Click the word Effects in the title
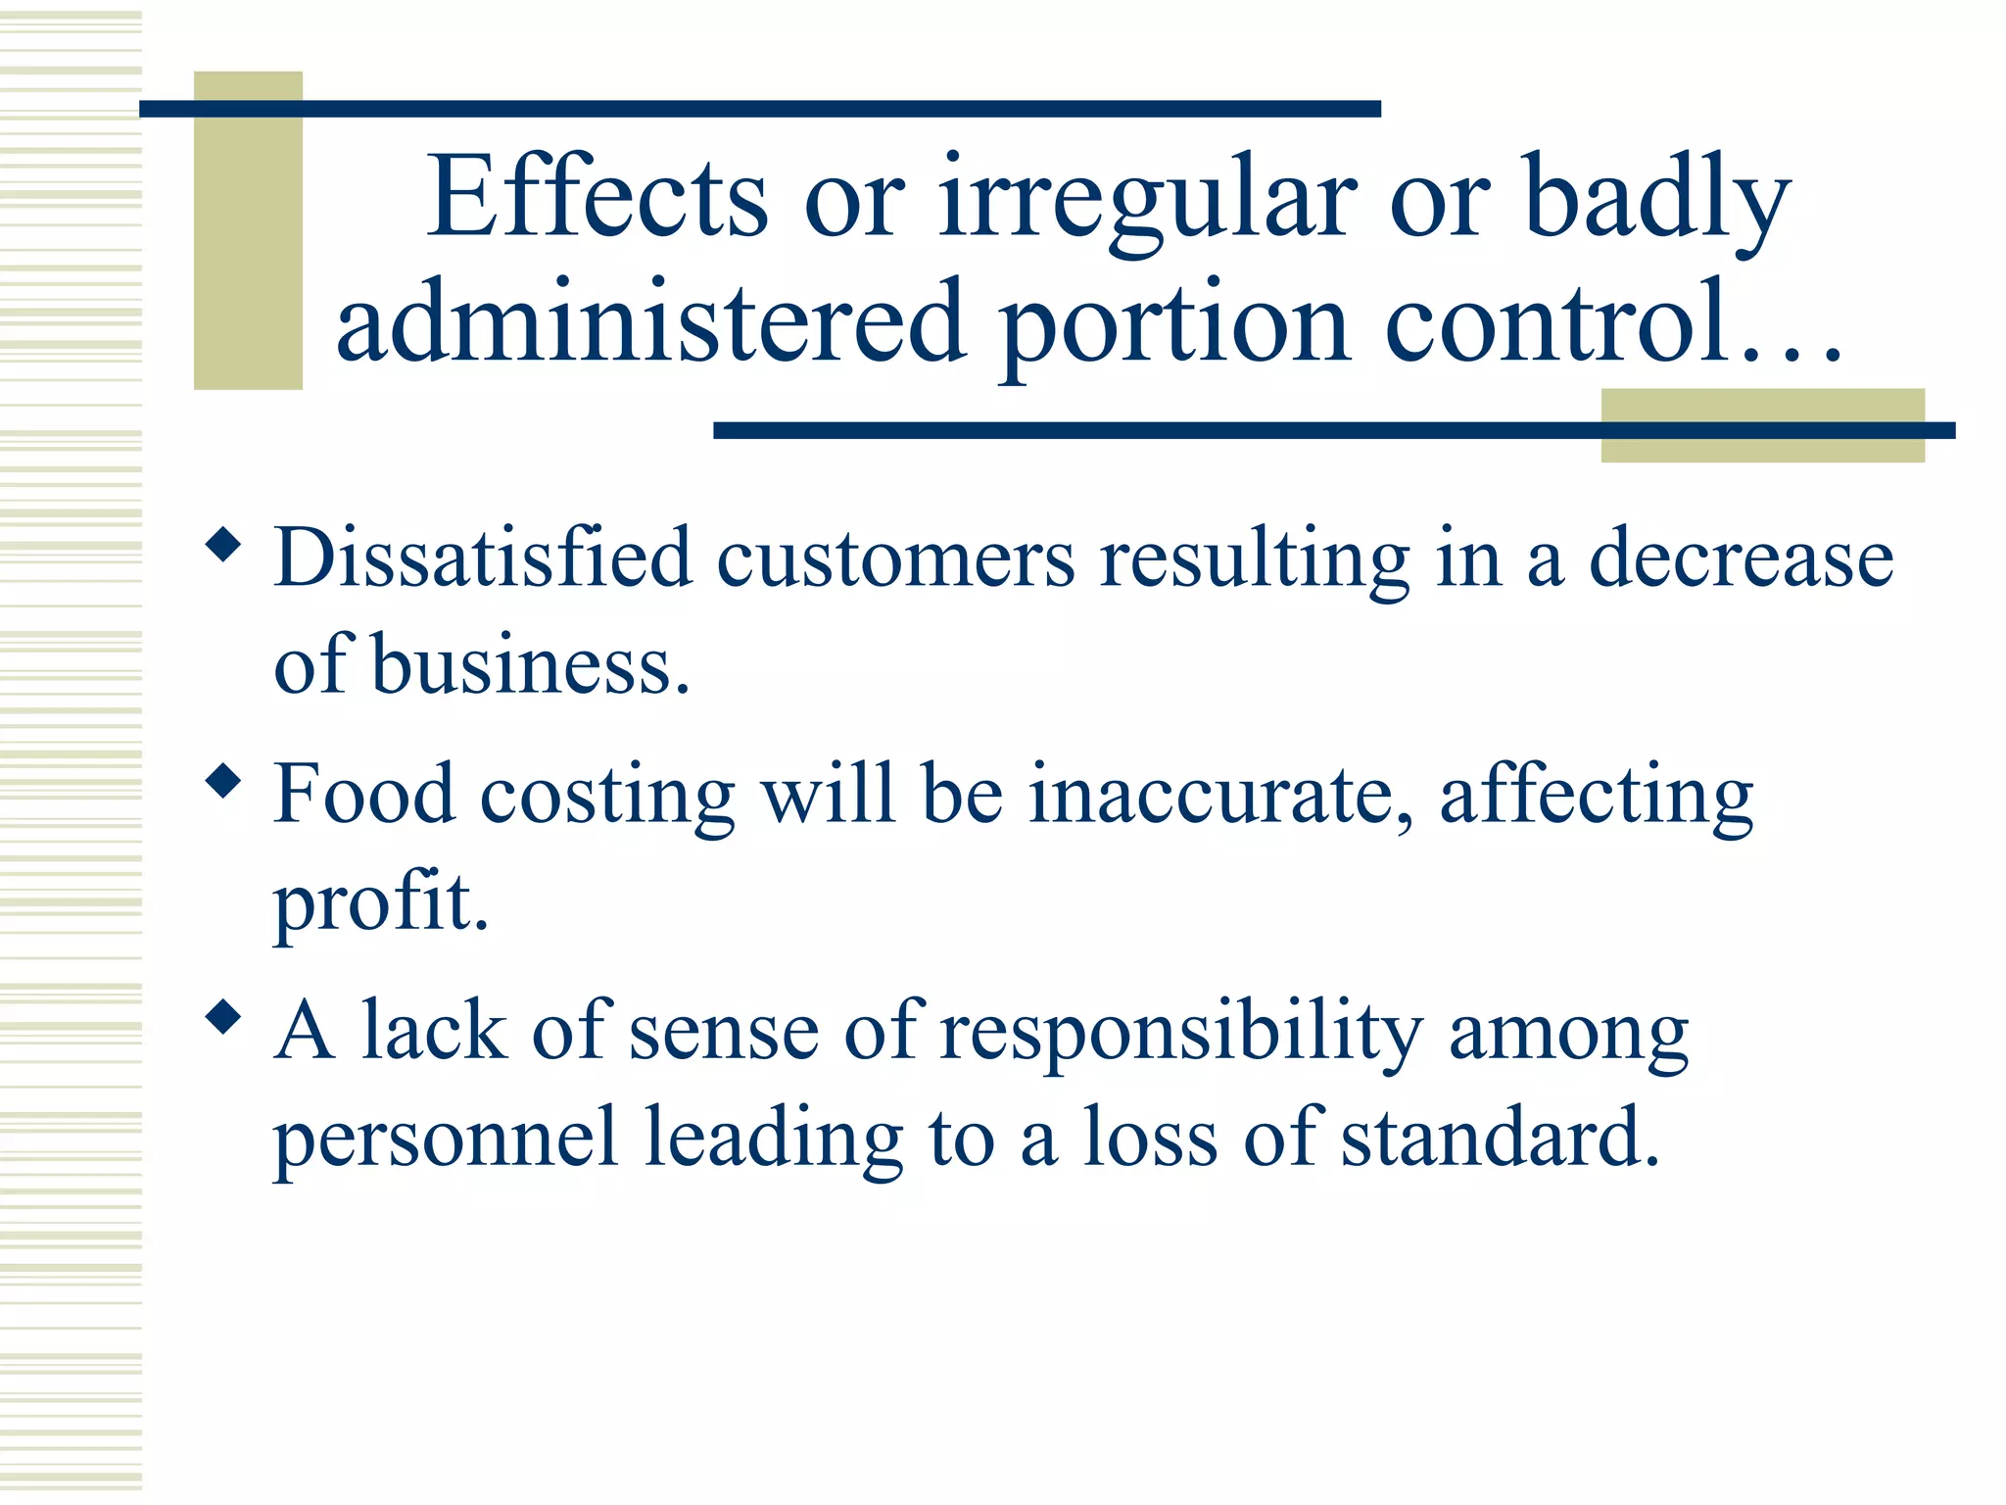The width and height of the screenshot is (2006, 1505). point(597,198)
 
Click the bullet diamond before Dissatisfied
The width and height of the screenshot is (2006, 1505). point(224,545)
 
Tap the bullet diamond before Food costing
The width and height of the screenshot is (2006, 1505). point(224,781)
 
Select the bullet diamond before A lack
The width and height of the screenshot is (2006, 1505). point(224,1017)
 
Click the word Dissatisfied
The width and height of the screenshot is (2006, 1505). point(483,558)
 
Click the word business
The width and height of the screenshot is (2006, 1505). point(530,666)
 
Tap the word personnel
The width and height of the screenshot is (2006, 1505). point(446,1140)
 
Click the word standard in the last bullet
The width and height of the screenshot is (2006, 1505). point(1500,1138)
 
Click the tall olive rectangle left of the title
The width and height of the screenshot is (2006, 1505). point(248,231)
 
